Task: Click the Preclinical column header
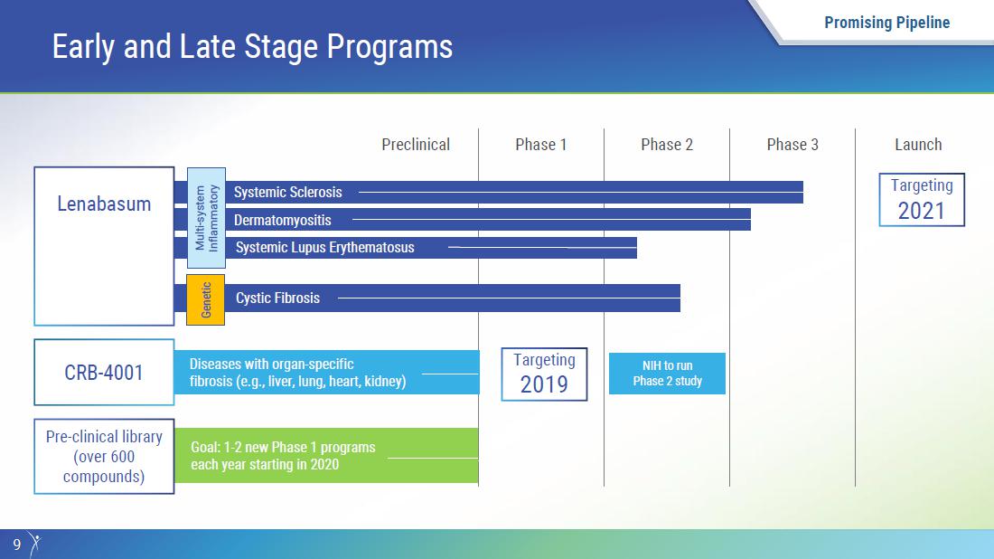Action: [416, 145]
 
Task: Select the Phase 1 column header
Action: [540, 145]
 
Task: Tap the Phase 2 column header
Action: [667, 145]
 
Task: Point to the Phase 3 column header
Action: [792, 145]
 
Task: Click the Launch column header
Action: [918, 145]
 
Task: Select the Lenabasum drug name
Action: [104, 204]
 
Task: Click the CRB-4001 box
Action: [104, 372]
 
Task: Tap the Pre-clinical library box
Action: [104, 456]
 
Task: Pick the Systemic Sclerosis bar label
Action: [287, 193]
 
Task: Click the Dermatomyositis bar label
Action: [283, 220]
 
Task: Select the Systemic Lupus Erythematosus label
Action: [324, 248]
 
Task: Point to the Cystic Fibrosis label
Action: [277, 298]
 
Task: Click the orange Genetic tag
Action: [205, 300]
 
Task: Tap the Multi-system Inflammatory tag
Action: [206, 218]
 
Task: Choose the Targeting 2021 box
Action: [922, 199]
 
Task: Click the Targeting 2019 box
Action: [544, 374]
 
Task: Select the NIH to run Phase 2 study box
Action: [667, 373]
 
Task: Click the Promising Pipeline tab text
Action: [886, 23]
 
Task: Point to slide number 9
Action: [17, 545]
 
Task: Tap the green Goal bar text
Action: [283, 456]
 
